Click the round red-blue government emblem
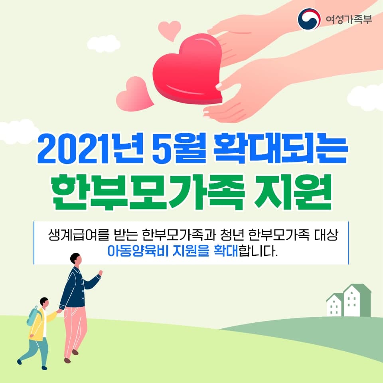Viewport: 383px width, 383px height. tap(309, 19)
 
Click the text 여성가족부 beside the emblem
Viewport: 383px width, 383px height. tap(349, 19)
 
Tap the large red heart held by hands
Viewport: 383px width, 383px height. tap(188, 69)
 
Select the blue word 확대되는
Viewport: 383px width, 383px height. tap(280, 149)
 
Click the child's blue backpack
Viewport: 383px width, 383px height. tap(34, 316)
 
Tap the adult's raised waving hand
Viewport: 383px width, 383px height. tap(100, 273)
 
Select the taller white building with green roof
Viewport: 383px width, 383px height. tap(357, 300)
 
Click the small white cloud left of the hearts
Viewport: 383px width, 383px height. tap(104, 43)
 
